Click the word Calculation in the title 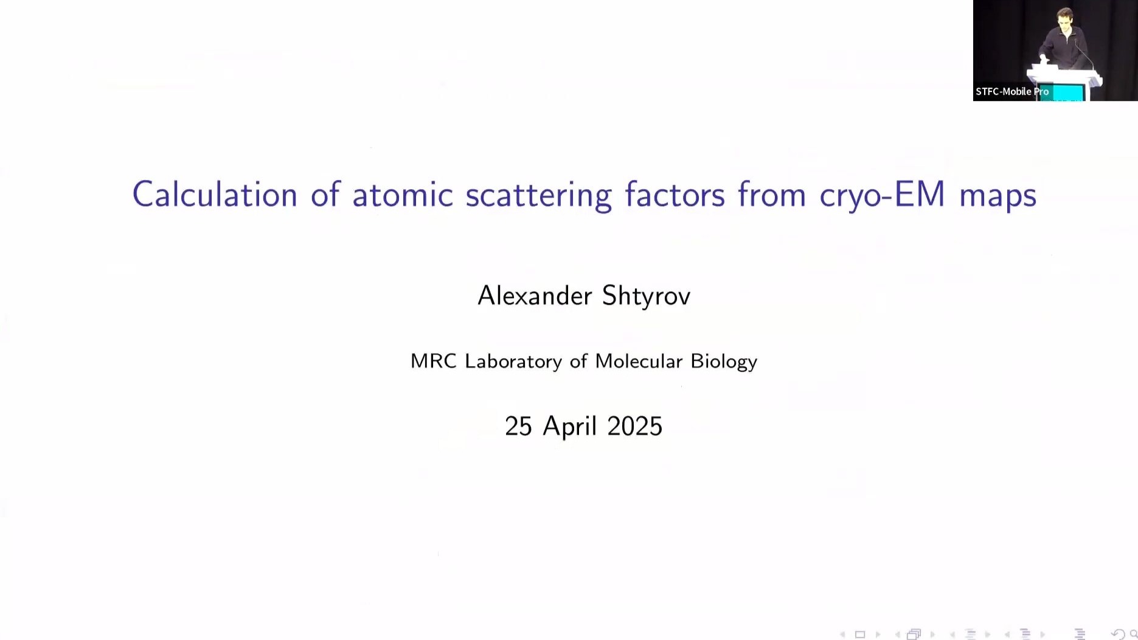click(215, 195)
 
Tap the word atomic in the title click(403, 195)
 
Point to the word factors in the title click(675, 195)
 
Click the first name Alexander click(535, 296)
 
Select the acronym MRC click(433, 361)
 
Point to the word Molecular click(639, 361)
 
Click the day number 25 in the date click(518, 426)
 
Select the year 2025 click(634, 426)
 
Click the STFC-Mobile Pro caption click(1012, 92)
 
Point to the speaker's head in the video click(1064, 18)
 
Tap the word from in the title click(772, 195)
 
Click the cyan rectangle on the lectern click(1067, 92)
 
